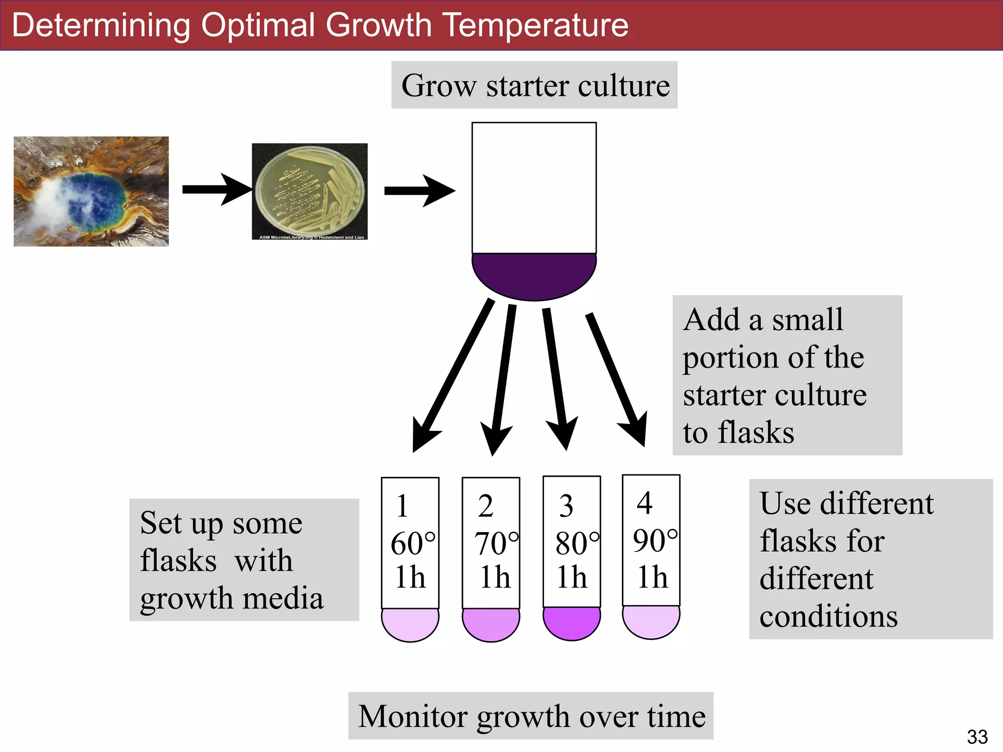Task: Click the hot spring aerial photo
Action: coord(91,191)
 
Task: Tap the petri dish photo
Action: coord(310,191)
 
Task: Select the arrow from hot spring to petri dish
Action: coord(215,189)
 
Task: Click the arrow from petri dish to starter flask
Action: coord(419,190)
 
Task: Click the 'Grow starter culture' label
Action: coord(534,85)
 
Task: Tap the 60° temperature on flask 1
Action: coord(412,543)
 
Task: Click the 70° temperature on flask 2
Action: coord(496,543)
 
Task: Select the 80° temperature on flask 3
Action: coord(576,543)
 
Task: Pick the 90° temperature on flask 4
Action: coord(655,540)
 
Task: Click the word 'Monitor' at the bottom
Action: coord(413,716)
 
